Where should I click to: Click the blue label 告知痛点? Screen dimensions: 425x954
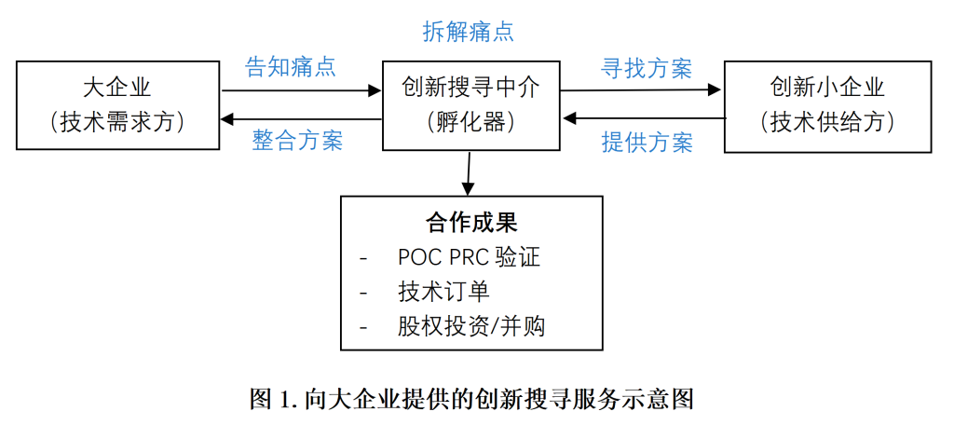(290, 67)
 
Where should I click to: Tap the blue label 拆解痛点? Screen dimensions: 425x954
(468, 32)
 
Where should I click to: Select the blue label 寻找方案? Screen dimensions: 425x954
(647, 68)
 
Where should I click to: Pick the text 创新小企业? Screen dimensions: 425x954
(827, 89)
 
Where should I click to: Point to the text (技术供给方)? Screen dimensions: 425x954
(827, 122)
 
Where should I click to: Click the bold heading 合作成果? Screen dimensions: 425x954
(471, 223)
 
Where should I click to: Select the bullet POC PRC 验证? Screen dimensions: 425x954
(468, 257)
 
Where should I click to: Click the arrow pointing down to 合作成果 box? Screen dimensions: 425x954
(469, 172)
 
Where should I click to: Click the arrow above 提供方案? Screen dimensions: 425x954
(644, 118)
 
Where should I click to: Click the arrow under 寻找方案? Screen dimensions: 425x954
(642, 90)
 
